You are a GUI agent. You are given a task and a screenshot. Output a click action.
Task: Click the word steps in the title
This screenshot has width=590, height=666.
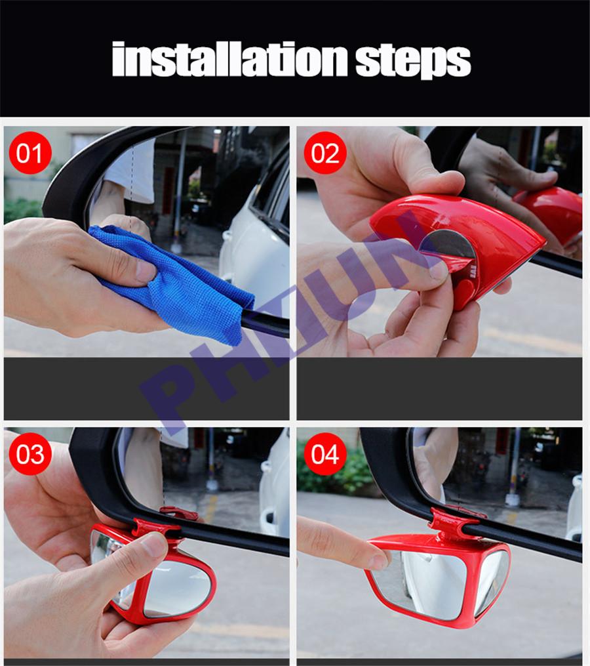pos(413,62)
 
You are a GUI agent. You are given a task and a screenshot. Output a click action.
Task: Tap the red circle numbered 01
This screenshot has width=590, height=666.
pos(29,152)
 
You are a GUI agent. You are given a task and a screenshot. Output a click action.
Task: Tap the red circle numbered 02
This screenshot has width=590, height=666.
pos(324,152)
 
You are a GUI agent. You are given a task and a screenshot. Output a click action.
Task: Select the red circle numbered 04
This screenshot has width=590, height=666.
pos(324,453)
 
